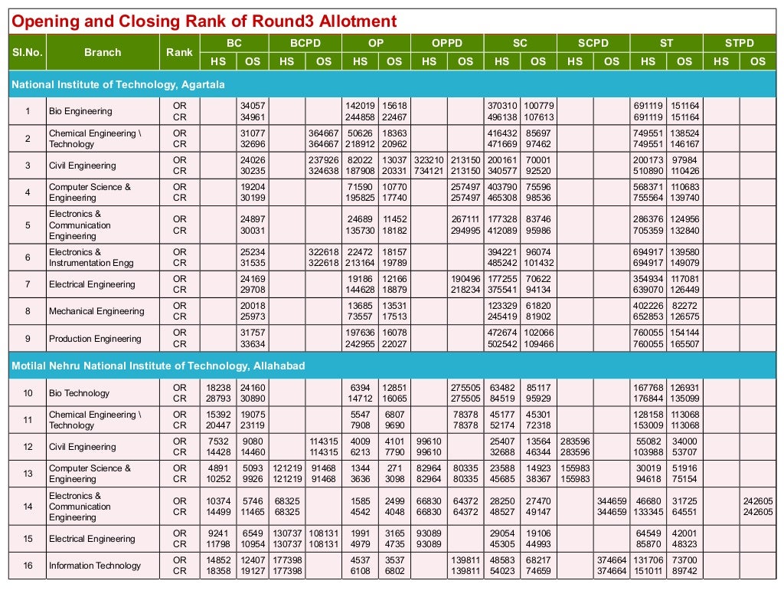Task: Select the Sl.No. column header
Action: pyautogui.click(x=27, y=52)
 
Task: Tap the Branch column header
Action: pyautogui.click(x=103, y=52)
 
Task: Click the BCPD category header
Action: pyautogui.click(x=305, y=44)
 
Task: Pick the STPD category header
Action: pyautogui.click(x=740, y=44)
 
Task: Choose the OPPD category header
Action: pyautogui.click(x=447, y=44)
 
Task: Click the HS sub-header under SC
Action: pyautogui.click(x=501, y=61)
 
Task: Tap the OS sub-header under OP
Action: pyautogui.click(x=394, y=61)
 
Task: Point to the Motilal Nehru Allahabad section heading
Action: pyautogui.click(x=158, y=366)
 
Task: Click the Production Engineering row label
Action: pyautogui.click(x=95, y=339)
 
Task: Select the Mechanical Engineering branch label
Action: pyautogui.click(x=96, y=311)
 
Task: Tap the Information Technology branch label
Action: pyautogui.click(x=95, y=566)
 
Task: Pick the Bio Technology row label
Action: pyautogui.click(x=79, y=393)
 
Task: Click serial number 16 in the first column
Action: pyautogui.click(x=27, y=566)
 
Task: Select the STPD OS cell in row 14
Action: pyautogui.click(x=757, y=507)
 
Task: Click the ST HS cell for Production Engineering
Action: pyautogui.click(x=648, y=339)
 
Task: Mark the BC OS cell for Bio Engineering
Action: pyautogui.click(x=252, y=111)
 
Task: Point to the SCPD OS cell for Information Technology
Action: pyautogui.click(x=611, y=566)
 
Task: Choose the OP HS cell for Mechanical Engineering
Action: pyautogui.click(x=359, y=311)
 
